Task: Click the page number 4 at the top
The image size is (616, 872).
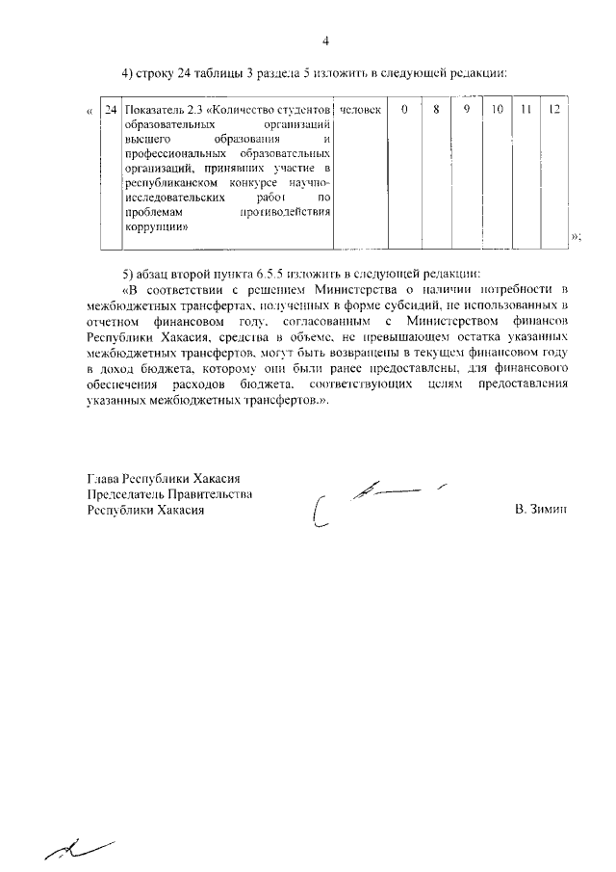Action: click(x=325, y=40)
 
